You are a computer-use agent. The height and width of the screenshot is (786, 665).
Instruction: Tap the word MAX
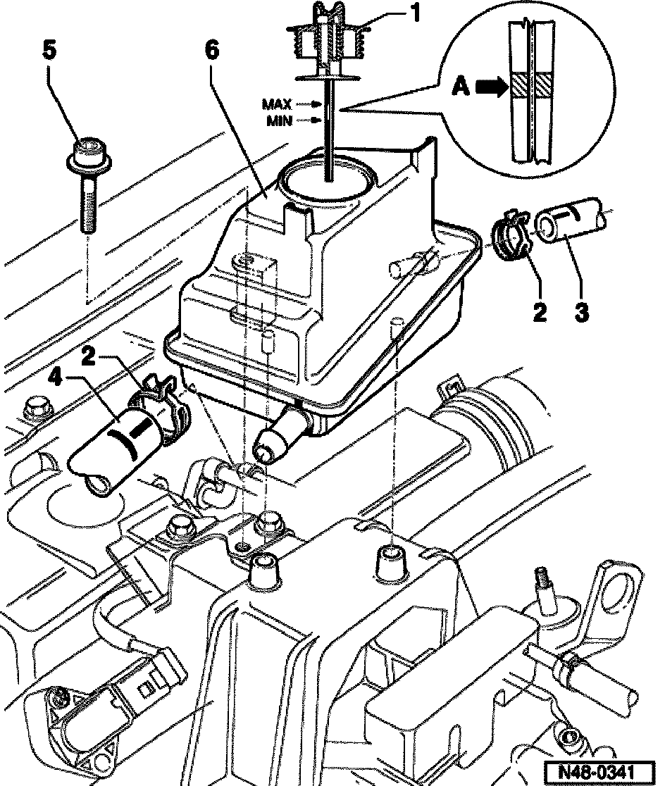coord(277,104)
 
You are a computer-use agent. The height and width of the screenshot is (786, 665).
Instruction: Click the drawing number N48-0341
coord(599,770)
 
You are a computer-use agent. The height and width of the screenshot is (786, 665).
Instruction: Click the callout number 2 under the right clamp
coord(539,311)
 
